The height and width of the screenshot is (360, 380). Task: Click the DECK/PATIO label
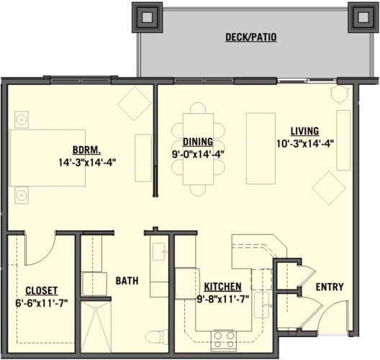point(250,37)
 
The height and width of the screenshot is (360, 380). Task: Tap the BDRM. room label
point(86,150)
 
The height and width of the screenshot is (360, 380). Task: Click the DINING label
point(196,141)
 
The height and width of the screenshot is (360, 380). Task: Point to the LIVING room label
point(305,131)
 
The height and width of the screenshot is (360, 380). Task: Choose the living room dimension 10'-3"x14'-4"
point(306,143)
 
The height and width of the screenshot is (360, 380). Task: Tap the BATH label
point(127,281)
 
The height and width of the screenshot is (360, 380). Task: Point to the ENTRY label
point(329,287)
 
